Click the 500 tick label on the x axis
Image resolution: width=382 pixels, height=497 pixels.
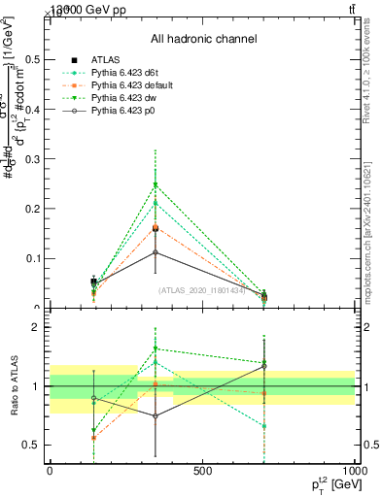point(202,472)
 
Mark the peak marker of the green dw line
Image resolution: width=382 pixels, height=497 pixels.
point(156,184)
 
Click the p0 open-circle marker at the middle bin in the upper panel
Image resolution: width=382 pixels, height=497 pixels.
point(156,252)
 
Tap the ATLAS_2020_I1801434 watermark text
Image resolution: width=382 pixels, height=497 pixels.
point(202,289)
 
